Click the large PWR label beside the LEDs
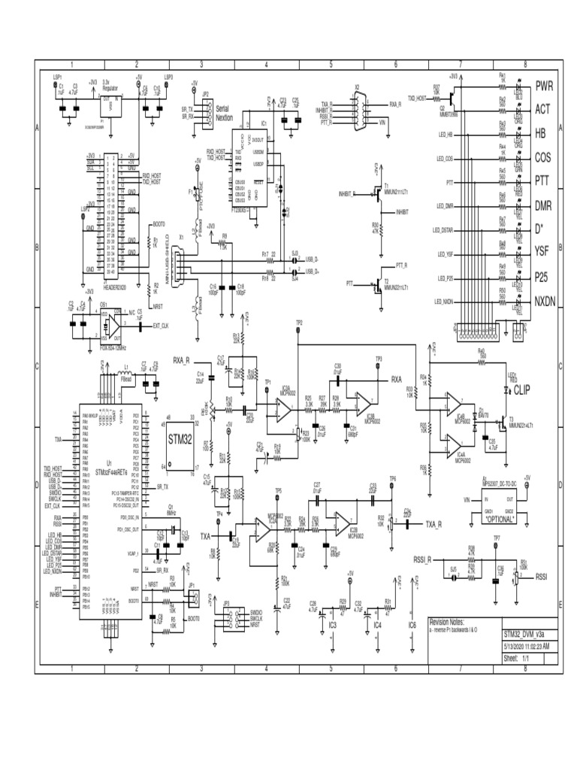tap(543, 85)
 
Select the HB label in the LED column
tap(540, 133)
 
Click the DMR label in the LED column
tap(544, 205)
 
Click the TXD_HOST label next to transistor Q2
tap(417, 98)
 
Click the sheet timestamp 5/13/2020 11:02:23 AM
tap(526, 646)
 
